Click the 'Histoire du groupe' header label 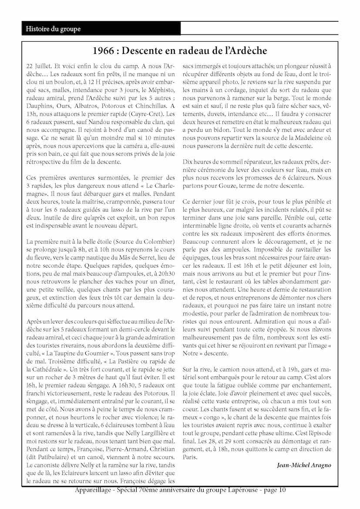tap(53, 29)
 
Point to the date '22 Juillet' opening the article tap(40, 67)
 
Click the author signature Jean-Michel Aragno tap(303, 465)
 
